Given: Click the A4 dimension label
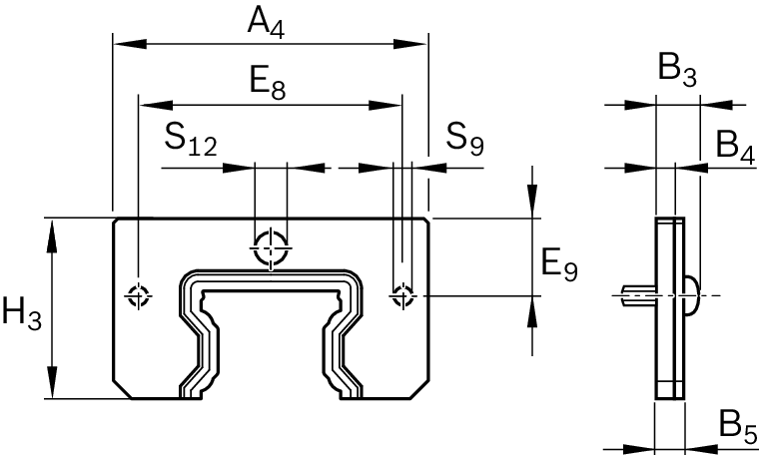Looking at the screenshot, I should [267, 23].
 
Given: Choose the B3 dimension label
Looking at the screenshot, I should [676, 71].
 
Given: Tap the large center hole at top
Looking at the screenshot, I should [271, 247].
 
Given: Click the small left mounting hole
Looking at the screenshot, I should [138, 294].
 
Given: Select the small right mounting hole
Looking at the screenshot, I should [402, 294].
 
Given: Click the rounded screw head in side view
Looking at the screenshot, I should [693, 294].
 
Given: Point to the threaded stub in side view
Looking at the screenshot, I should [636, 294].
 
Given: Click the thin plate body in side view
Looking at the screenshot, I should [670, 339].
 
